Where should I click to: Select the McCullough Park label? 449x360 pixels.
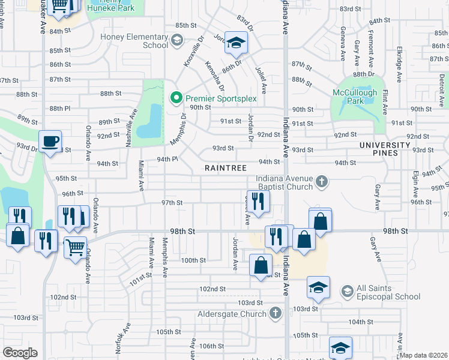[x=355, y=97]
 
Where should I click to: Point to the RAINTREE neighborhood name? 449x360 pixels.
[x=226, y=169]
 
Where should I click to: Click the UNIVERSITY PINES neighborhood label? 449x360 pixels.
[x=384, y=149]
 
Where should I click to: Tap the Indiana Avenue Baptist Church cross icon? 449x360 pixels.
[x=322, y=181]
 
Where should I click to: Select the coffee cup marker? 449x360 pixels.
[x=50, y=141]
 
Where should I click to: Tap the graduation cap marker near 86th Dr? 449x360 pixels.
[x=237, y=42]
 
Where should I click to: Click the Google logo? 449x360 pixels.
[x=20, y=352]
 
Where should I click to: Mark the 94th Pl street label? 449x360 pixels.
[x=168, y=159]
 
